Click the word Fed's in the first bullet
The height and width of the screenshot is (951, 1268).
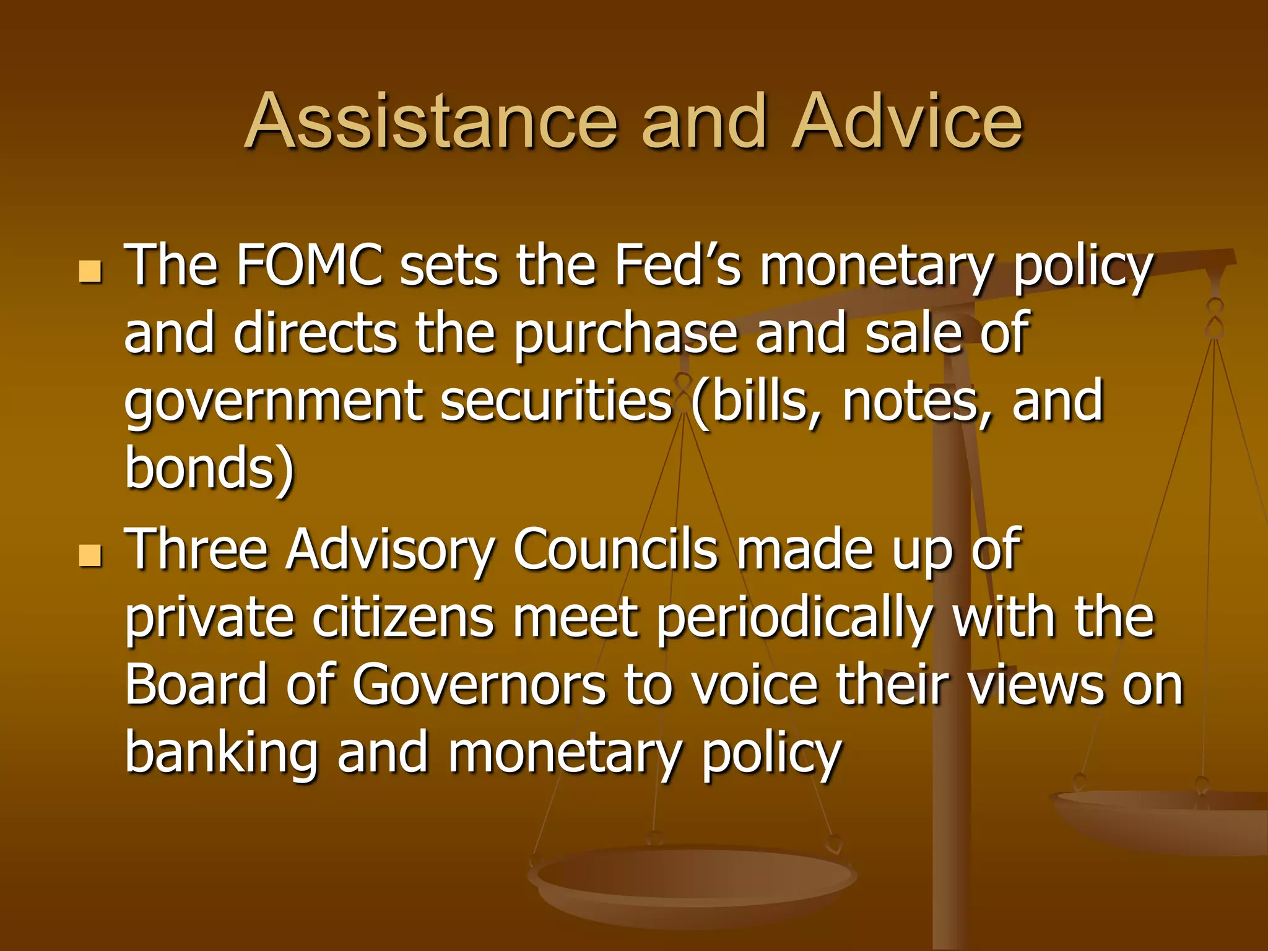(x=677, y=266)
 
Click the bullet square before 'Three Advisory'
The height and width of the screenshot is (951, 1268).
(x=90, y=555)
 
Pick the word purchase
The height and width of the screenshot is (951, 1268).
(x=626, y=334)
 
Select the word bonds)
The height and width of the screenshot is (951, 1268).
(x=209, y=468)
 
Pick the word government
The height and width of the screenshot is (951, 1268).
(x=273, y=402)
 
